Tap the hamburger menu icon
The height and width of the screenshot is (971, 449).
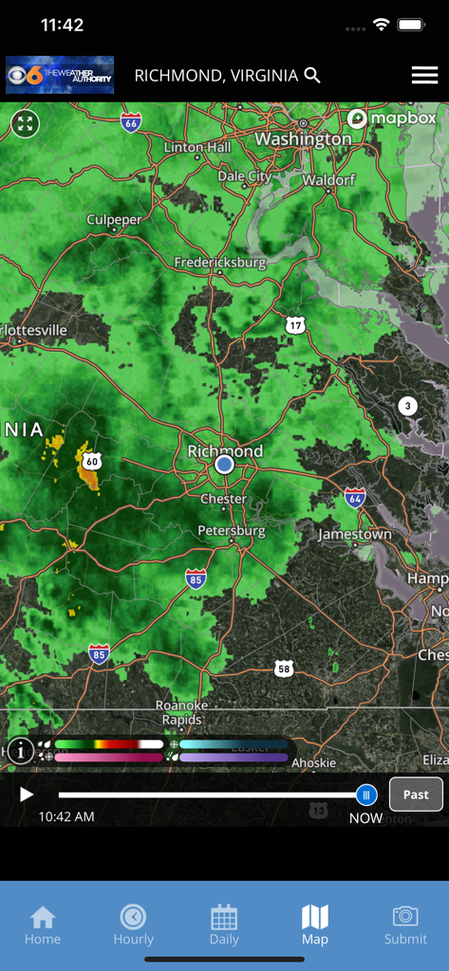point(424,76)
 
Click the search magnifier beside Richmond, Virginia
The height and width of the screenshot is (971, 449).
point(312,75)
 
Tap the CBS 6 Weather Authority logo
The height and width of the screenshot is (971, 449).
point(60,75)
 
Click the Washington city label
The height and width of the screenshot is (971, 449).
point(303,138)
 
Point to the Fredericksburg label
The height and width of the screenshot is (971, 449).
point(220,263)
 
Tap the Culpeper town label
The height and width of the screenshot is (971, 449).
point(114,220)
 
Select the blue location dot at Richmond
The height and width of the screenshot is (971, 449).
point(224,465)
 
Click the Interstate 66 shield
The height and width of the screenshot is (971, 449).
point(131,122)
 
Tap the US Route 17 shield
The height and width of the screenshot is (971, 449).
point(296,325)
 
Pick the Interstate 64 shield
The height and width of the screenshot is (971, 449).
point(355,498)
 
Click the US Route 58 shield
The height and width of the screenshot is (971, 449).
point(284,669)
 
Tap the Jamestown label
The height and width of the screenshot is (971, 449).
point(354,535)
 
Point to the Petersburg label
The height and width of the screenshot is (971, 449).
point(232,531)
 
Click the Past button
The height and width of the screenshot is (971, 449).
point(416,795)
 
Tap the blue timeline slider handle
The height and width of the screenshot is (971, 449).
point(366,795)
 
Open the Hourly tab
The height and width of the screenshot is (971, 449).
point(133,925)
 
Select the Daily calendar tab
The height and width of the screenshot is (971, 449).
point(224,925)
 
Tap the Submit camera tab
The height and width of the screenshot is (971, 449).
point(405,925)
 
